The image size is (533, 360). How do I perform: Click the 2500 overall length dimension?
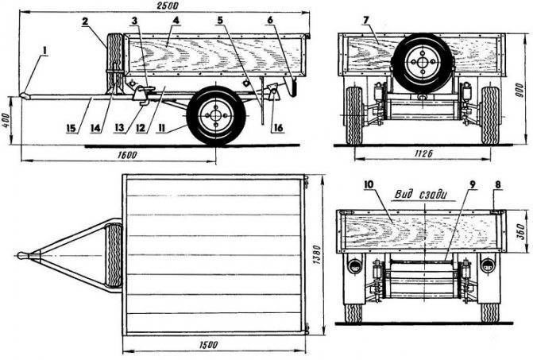point(166,6)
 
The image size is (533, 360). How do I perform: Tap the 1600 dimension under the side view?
point(127,155)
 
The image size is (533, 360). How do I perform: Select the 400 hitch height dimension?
point(6,121)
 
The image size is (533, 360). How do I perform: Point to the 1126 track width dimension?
point(423,154)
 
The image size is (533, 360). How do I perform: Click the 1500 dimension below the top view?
point(207,345)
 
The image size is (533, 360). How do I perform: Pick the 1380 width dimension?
point(316,255)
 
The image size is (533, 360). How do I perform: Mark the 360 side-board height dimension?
point(520,231)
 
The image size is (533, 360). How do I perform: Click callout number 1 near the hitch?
point(44,51)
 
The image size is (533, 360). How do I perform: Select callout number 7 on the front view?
point(365,21)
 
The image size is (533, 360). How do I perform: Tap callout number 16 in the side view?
point(278,128)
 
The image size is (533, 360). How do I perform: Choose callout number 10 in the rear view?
point(369,184)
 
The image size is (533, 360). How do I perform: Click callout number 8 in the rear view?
point(498,185)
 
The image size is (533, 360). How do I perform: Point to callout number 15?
point(71,128)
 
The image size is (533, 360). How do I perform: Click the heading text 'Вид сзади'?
point(420,195)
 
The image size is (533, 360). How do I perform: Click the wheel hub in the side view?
point(215,115)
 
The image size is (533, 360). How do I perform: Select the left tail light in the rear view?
point(354,265)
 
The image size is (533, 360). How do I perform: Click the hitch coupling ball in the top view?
point(22,255)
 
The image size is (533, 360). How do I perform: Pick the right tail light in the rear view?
point(489,265)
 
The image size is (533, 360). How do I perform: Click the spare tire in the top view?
point(114,255)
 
